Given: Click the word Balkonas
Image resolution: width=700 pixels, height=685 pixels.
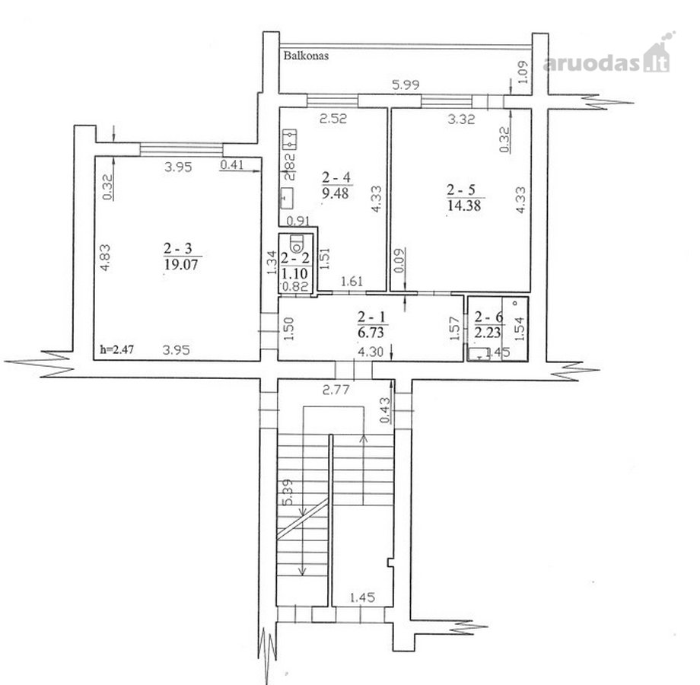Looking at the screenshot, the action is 306,56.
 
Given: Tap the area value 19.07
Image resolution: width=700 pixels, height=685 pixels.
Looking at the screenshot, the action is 181,264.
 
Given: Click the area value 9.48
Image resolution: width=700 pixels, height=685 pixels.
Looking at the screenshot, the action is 336,193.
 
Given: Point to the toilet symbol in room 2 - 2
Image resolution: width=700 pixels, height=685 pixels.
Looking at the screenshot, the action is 297,244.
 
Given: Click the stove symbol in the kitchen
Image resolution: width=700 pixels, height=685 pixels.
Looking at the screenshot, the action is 290,139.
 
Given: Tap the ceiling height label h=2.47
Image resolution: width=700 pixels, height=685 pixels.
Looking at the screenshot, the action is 116,349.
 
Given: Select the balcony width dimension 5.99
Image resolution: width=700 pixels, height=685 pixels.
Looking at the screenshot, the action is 406,84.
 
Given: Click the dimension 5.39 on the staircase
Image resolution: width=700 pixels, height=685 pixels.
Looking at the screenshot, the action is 288,492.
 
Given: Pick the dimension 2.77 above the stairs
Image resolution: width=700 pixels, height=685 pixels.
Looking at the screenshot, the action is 336,390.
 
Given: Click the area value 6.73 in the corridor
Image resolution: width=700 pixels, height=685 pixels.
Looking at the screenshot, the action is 371,333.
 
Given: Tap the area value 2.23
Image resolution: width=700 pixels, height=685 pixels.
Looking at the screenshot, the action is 488,333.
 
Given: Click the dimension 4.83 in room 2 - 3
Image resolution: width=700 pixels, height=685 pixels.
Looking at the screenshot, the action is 104,256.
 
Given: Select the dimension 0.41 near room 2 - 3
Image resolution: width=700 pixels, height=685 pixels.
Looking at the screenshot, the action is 232,164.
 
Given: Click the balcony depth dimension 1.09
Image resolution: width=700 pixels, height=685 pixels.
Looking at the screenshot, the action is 523,72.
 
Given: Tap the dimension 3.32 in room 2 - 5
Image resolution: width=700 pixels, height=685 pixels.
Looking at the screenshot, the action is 461,119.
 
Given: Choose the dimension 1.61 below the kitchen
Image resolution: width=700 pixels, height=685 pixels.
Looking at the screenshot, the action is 352,282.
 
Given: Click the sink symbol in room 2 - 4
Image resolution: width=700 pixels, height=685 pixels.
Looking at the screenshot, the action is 287,198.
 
